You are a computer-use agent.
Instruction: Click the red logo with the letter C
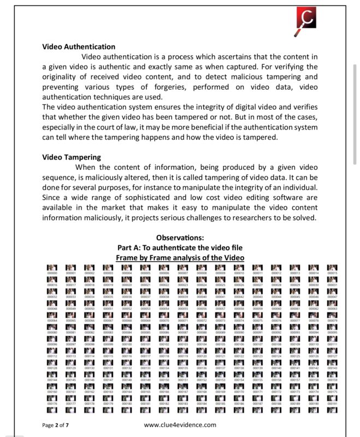point(306,20)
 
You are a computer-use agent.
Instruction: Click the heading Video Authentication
point(79,47)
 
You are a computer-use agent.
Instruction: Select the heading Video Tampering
point(71,157)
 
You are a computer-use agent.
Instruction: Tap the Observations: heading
point(180,238)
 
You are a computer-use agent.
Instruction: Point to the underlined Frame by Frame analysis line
point(180,257)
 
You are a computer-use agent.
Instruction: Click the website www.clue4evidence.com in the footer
point(180,425)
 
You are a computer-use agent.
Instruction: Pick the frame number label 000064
point(52,321)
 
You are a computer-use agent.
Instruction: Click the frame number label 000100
point(127,344)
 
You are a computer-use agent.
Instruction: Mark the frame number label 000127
point(332,356)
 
